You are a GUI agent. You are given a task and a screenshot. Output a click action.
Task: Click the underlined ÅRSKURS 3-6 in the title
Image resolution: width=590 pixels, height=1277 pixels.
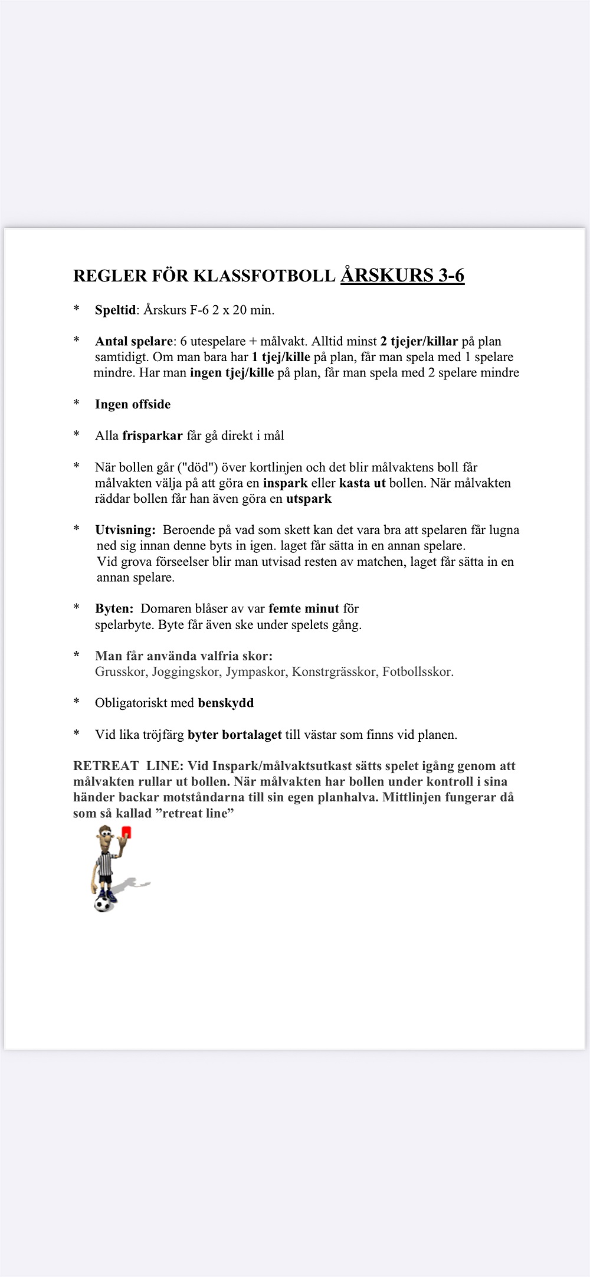(x=402, y=276)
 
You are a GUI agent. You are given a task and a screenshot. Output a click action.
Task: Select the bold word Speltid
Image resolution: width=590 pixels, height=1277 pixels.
(x=115, y=310)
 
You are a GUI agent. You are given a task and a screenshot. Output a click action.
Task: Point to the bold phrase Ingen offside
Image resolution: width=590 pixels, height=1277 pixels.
(x=133, y=404)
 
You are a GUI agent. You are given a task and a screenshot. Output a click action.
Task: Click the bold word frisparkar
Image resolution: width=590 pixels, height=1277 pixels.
(x=152, y=436)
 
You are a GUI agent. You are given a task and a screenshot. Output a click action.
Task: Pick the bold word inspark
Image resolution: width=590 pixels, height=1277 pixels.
(x=285, y=483)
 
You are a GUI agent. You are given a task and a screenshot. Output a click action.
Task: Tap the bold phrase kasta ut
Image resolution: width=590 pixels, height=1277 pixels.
(x=362, y=483)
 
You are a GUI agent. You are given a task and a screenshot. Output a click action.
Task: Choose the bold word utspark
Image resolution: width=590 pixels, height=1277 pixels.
(x=309, y=499)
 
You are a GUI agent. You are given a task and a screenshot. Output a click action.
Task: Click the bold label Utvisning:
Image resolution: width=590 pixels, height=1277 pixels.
(x=125, y=530)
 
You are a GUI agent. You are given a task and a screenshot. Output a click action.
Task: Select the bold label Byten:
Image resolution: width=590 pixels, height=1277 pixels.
(x=114, y=608)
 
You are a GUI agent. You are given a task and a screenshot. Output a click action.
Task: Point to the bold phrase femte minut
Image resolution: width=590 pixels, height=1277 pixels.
(x=303, y=608)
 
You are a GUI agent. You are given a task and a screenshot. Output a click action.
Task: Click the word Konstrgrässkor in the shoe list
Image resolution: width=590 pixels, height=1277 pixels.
(x=334, y=672)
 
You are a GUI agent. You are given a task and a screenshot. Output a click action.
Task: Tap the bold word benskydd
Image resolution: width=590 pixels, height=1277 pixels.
(x=225, y=703)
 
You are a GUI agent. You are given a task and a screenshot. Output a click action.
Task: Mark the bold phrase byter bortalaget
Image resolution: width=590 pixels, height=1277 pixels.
(x=234, y=735)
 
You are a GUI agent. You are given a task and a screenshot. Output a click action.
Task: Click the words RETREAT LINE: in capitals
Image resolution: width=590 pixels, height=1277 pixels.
(x=128, y=766)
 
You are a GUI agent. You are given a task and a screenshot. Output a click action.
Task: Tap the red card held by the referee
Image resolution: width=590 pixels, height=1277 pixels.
(x=126, y=832)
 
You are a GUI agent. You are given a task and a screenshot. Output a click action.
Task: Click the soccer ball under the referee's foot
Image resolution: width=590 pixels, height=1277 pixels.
(x=103, y=904)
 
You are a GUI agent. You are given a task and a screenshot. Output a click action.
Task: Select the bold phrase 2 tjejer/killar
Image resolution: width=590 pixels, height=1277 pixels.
(x=419, y=341)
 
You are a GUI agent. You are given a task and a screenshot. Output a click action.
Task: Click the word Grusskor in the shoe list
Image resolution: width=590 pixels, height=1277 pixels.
(x=121, y=672)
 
